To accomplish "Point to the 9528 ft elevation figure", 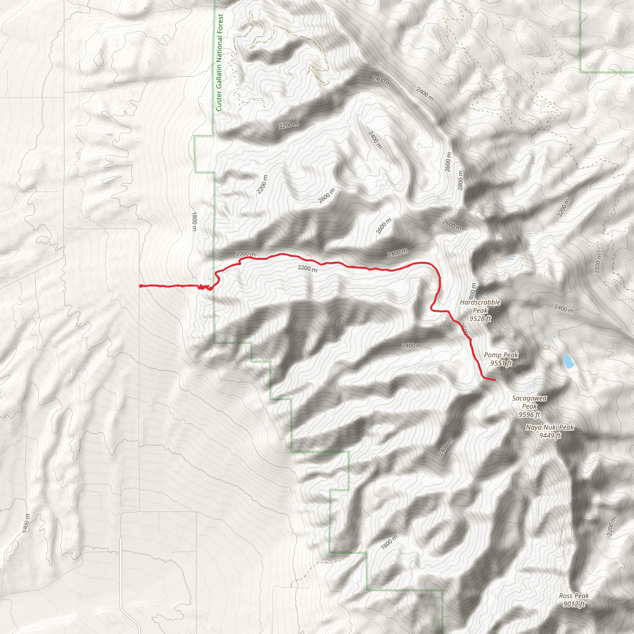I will pyautogui.click(x=480, y=319).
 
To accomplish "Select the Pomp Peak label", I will pyautogui.click(x=501, y=355).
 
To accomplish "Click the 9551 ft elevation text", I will pyautogui.click(x=501, y=363).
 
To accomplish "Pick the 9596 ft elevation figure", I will pyautogui.click(x=529, y=415).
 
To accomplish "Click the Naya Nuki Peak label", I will pyautogui.click(x=550, y=427).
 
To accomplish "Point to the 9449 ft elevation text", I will pyautogui.click(x=550, y=436).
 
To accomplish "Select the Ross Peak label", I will pyautogui.click(x=574, y=596).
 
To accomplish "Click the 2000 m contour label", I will pyautogui.click(x=245, y=254).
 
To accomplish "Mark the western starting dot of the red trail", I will pyautogui.click(x=141, y=286).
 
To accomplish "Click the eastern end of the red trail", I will pyautogui.click(x=494, y=380).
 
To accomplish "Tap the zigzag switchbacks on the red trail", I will pyautogui.click(x=203, y=288).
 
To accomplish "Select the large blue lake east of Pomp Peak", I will pyautogui.click(x=568, y=361).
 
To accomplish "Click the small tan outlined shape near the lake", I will pyautogui.click(x=546, y=347).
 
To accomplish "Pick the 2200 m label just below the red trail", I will pyautogui.click(x=307, y=268).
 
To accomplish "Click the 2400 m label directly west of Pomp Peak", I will pyautogui.click(x=411, y=345).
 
